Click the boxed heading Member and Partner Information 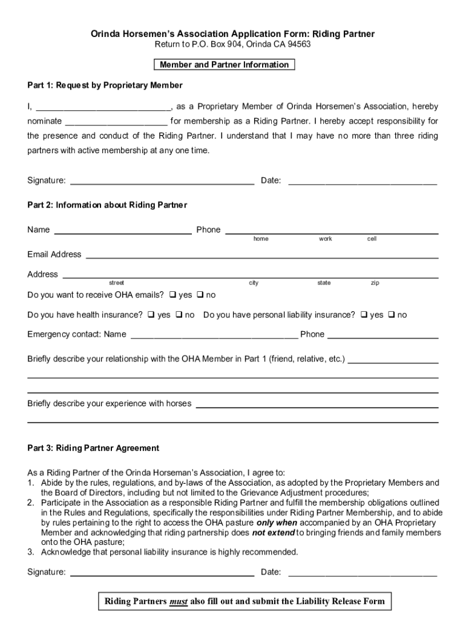[x=224, y=65]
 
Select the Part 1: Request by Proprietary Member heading [x=105, y=85]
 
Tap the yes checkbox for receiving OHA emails [x=172, y=295]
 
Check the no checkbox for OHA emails [x=200, y=295]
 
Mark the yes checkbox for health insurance [x=151, y=315]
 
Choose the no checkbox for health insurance [x=179, y=315]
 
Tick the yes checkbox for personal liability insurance [x=364, y=315]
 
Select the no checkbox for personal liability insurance [x=392, y=315]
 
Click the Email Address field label [x=54, y=254]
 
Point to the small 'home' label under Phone [x=261, y=239]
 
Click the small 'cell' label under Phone [x=372, y=239]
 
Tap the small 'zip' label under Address [x=375, y=283]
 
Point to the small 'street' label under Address [x=116, y=283]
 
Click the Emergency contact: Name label [x=77, y=334]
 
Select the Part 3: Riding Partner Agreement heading [x=93, y=448]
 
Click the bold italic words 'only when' [x=277, y=523]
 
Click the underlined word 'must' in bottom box [x=179, y=601]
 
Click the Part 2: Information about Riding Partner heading [x=107, y=205]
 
